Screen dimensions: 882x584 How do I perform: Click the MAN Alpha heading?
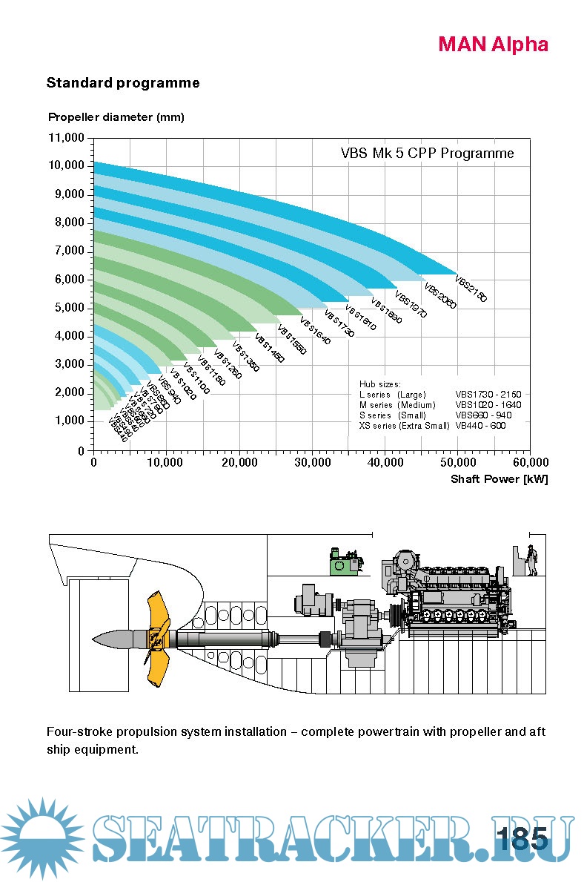[493, 45]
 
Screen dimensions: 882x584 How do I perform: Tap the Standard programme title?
[123, 83]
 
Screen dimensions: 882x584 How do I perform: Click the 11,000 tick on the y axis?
[67, 138]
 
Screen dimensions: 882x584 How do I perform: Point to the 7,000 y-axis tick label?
[69, 251]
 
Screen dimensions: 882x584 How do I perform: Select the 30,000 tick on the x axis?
[312, 462]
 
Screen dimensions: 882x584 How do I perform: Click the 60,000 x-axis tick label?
[529, 462]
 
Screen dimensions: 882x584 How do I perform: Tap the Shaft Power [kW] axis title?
[499, 479]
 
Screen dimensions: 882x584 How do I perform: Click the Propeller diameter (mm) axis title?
[116, 117]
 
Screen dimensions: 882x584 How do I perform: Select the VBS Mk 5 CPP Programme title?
[427, 154]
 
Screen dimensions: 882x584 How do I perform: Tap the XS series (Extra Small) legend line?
[404, 426]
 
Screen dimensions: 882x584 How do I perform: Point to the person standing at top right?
[531, 559]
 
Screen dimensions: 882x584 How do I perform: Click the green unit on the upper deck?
[345, 565]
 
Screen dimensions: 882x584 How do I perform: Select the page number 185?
[522, 839]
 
